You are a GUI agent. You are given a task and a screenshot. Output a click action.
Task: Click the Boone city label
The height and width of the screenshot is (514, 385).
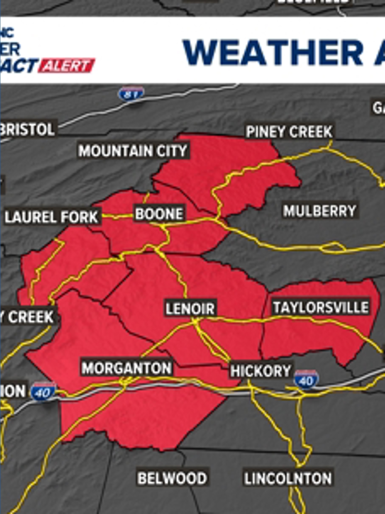coord(159,214)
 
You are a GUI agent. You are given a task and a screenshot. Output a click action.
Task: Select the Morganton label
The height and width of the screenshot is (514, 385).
coord(127,368)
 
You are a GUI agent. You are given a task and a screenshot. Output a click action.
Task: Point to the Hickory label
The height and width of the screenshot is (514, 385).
coord(261,371)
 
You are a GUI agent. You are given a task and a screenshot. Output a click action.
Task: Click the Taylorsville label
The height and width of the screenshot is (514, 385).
coord(320,307)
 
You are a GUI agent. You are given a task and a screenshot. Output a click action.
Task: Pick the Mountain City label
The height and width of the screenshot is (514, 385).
coord(133,151)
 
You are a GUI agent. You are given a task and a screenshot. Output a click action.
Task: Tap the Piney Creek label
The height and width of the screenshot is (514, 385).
coord(289,132)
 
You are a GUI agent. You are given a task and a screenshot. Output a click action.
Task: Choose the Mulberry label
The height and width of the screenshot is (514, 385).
coord(320,211)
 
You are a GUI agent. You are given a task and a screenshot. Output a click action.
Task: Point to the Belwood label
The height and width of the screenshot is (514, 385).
coord(172,478)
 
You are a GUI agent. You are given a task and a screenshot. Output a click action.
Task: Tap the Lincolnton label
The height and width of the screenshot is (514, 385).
coord(288,478)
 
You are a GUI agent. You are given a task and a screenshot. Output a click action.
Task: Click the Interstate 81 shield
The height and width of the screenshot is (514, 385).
coord(131,94)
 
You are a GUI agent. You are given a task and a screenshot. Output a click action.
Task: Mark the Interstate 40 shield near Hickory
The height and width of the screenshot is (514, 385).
coord(306,380)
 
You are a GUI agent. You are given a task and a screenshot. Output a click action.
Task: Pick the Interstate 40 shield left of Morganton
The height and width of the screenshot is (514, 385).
coord(43,392)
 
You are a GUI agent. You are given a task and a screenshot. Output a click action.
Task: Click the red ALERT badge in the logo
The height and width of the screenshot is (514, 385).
coord(67,66)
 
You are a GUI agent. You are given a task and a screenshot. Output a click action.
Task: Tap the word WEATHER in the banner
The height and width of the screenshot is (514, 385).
coord(273,52)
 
